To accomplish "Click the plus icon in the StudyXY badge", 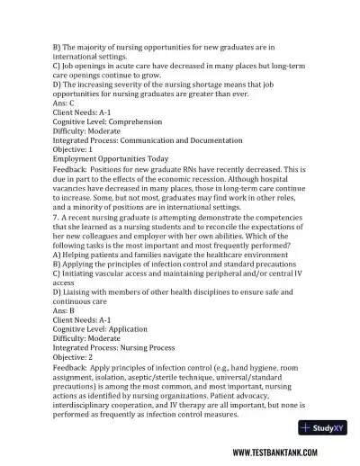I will click(308, 428).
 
